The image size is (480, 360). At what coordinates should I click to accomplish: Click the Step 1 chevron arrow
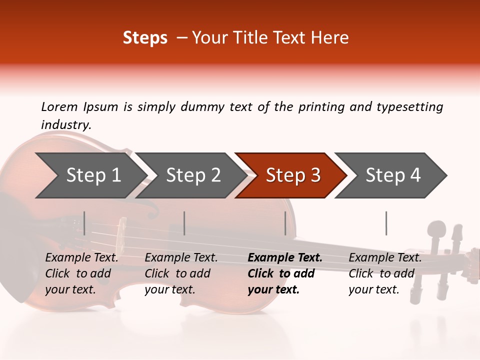click(x=92, y=175)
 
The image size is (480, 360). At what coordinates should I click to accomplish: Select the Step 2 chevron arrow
click(x=193, y=175)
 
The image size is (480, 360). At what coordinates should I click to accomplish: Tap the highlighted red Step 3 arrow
click(x=293, y=175)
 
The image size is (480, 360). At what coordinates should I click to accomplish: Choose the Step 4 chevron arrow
click(x=393, y=175)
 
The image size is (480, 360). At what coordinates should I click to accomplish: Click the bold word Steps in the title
click(x=145, y=38)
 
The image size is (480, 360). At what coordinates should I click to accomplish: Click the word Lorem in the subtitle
click(x=59, y=106)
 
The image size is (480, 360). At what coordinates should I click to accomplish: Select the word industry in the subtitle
click(x=65, y=124)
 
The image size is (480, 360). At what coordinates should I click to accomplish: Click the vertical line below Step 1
click(x=84, y=223)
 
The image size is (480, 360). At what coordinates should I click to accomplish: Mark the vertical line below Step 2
click(x=184, y=223)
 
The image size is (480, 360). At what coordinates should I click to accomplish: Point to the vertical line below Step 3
click(x=285, y=223)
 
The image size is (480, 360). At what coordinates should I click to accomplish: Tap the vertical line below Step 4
click(x=386, y=223)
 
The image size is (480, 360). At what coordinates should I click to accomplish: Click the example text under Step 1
click(x=81, y=273)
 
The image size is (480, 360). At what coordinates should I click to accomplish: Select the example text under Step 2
click(x=181, y=273)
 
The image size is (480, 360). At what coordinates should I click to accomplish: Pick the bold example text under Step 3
click(x=284, y=273)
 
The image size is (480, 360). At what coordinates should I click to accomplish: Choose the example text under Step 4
click(x=385, y=273)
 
